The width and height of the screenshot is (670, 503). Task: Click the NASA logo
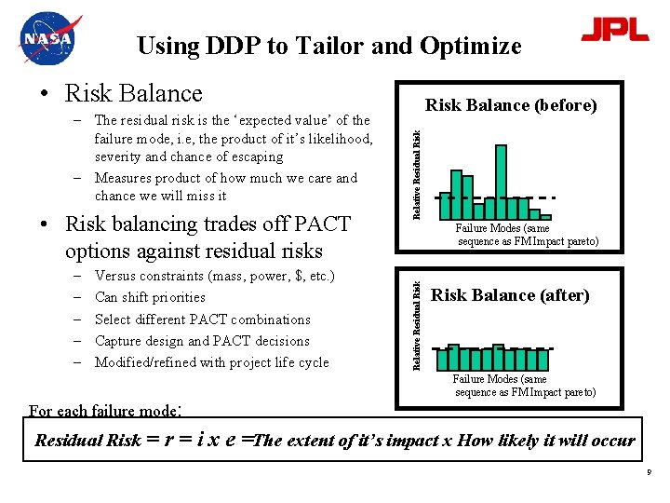point(48,39)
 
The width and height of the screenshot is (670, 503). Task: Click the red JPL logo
point(614,30)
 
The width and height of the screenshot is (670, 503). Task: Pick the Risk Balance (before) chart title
point(511,105)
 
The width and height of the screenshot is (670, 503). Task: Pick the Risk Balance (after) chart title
point(511,295)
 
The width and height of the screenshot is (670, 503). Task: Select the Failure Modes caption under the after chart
point(525,386)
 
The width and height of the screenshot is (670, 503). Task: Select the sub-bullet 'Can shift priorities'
point(150,297)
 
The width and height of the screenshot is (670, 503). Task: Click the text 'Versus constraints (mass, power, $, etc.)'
point(214,276)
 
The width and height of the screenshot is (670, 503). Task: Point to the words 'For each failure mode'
point(103,411)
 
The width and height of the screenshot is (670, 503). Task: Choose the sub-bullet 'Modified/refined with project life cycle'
point(211,362)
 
